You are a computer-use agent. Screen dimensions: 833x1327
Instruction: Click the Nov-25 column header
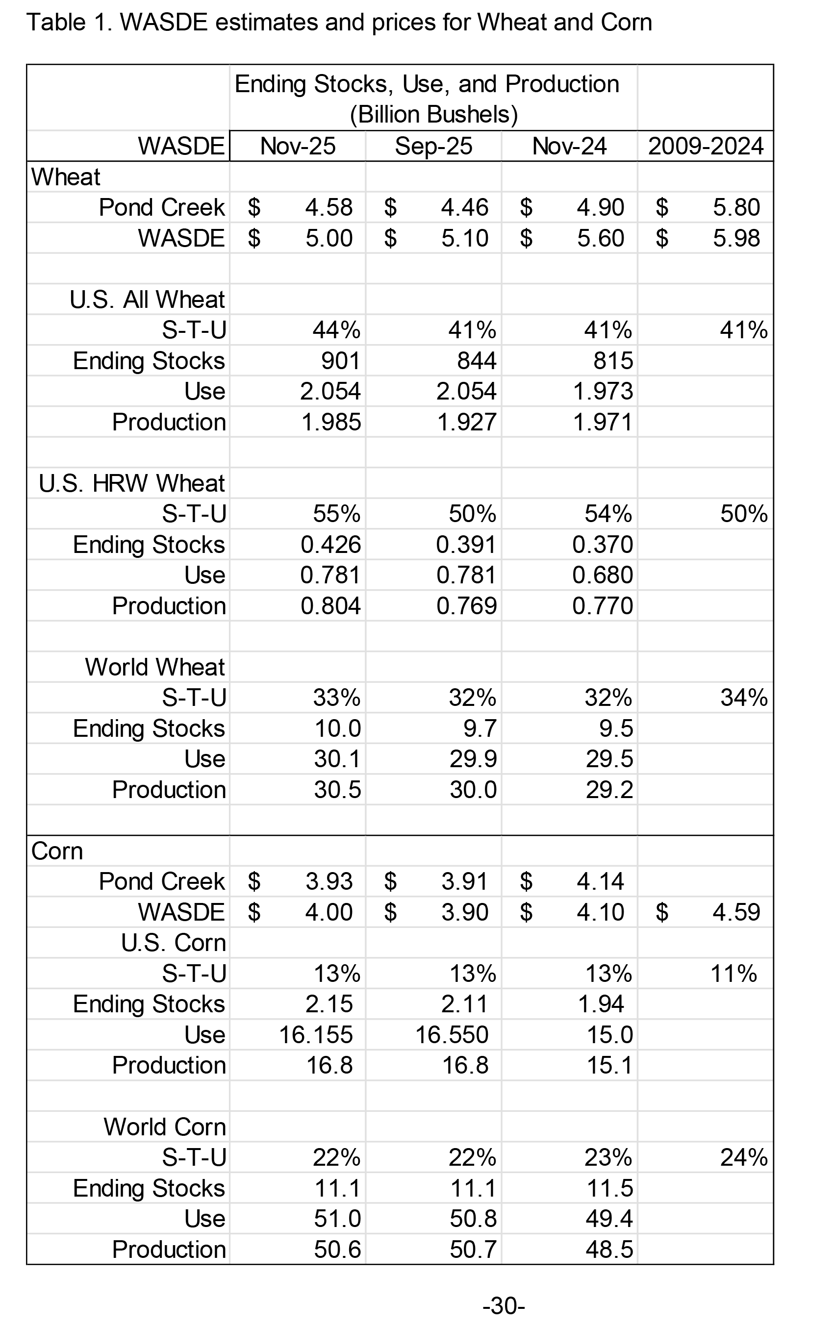[298, 146]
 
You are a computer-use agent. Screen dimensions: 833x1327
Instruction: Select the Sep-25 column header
[433, 146]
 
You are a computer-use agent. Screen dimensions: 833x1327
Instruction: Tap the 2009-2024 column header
[706, 146]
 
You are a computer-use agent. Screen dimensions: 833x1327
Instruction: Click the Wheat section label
[66, 177]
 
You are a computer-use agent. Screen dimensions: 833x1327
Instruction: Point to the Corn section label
[57, 851]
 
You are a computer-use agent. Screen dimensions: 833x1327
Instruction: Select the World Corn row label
[165, 1127]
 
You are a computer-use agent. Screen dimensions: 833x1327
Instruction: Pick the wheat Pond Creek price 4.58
[329, 208]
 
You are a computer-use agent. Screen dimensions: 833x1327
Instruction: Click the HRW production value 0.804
[330, 606]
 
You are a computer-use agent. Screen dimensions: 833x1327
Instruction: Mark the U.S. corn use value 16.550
[452, 1035]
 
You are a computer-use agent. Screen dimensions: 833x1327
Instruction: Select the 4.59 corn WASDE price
[736, 912]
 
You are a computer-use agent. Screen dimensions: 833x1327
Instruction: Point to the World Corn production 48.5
[609, 1250]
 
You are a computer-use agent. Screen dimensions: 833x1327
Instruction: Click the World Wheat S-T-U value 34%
[744, 698]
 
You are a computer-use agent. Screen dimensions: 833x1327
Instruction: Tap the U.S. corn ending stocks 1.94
[601, 1004]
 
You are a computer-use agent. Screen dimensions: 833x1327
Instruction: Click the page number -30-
[504, 1305]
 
